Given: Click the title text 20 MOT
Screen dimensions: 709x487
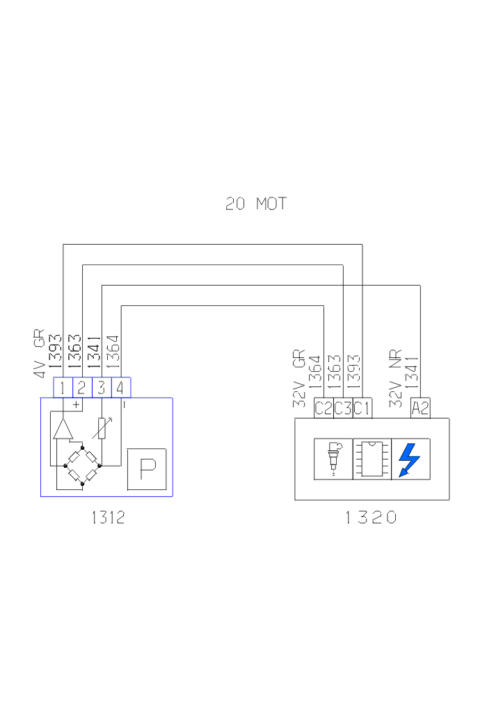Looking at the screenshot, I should [x=255, y=204].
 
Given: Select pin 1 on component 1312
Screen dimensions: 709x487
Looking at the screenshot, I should [x=63, y=387].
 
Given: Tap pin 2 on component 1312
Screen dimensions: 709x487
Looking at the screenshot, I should [x=81, y=387].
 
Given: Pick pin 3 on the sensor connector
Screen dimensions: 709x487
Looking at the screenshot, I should [x=102, y=387].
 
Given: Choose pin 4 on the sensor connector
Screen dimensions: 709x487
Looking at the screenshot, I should [x=121, y=387].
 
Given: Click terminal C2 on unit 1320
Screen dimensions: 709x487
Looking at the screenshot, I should [x=324, y=408].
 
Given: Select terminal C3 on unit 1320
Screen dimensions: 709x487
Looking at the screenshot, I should [x=343, y=408].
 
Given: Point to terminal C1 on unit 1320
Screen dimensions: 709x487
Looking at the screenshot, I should [x=362, y=408].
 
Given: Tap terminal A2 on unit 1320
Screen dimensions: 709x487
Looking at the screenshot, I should [x=420, y=408].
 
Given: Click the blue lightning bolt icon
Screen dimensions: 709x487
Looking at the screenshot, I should [x=410, y=459].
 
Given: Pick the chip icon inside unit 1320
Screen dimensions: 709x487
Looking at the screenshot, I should [x=372, y=459].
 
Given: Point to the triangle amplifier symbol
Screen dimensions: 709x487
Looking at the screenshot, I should [x=63, y=430].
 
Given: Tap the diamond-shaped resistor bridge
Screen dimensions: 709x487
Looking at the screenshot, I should [x=82, y=465].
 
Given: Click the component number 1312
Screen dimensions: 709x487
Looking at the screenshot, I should [x=108, y=518].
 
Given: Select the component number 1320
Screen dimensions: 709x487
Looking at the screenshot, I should [x=371, y=518].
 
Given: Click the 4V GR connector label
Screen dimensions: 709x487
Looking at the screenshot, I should [x=39, y=353].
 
